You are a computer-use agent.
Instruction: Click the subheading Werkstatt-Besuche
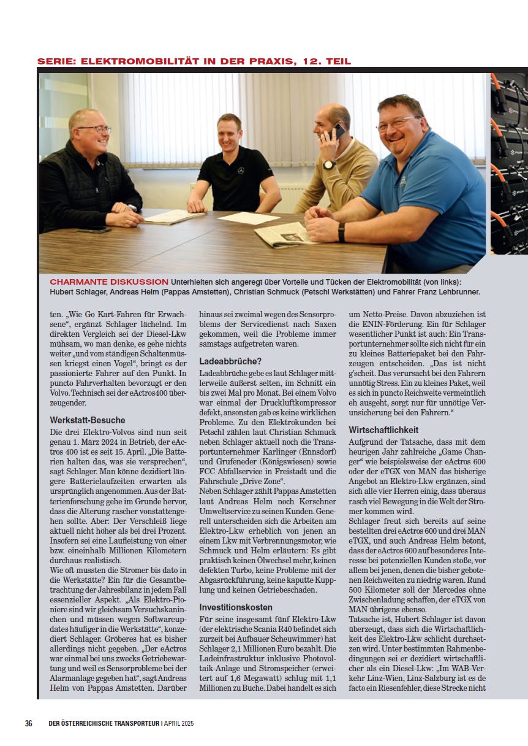click(87, 420)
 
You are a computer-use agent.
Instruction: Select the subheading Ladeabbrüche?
click(230, 361)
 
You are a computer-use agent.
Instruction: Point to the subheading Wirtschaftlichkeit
click(383, 430)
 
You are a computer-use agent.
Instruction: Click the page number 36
click(29, 723)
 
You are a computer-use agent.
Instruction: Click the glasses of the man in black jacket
click(94, 129)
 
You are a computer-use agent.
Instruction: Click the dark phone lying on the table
click(94, 229)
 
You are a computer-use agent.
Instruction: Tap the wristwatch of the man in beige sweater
click(328, 164)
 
